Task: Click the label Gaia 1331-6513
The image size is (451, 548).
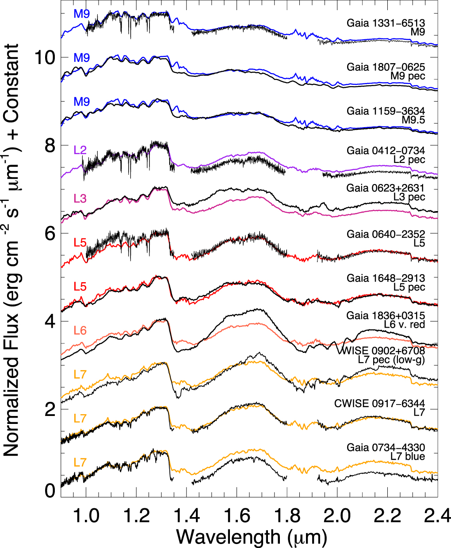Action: (x=386, y=23)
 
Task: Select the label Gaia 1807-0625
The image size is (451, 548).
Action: (x=386, y=67)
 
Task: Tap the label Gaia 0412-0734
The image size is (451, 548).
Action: (x=386, y=151)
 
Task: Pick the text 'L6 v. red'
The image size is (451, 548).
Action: (x=404, y=325)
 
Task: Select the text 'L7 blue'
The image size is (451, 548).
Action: (x=407, y=456)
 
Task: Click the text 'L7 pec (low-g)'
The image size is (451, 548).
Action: (x=391, y=360)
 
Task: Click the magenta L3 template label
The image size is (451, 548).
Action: (x=80, y=198)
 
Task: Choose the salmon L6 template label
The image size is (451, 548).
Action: (x=80, y=330)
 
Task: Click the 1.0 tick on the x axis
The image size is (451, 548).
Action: (x=86, y=514)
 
